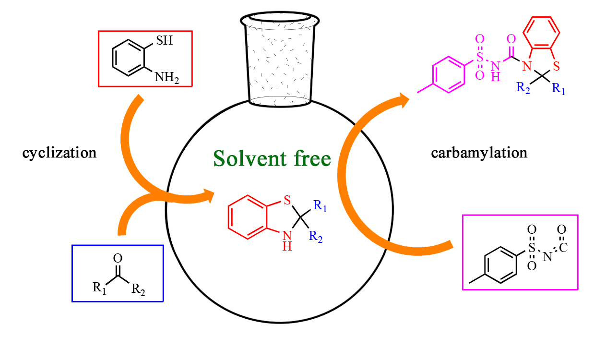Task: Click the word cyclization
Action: [59, 153]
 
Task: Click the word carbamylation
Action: [479, 153]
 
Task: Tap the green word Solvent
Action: [246, 158]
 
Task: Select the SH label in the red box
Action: [164, 40]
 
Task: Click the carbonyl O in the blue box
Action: [118, 260]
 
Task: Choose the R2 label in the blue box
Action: [139, 289]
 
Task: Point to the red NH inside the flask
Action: [287, 240]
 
